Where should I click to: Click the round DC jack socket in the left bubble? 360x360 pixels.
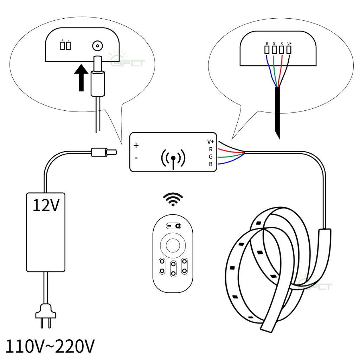[x=98, y=46]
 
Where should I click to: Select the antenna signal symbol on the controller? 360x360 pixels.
[x=173, y=159]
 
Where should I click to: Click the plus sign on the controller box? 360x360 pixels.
[x=136, y=145]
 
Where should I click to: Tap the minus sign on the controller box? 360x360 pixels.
[x=136, y=158]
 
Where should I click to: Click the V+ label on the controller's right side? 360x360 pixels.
[x=211, y=142]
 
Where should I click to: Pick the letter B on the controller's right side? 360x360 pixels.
[x=211, y=164]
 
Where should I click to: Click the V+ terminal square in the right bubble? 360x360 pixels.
[x=289, y=50]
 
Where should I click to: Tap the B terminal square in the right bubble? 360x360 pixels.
[x=267, y=50]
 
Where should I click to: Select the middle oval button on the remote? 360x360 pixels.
[x=173, y=269]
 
